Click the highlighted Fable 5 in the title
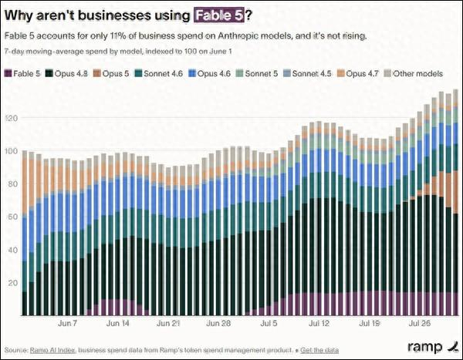[219, 15]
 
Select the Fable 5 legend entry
[22, 73]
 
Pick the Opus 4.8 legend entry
[66, 73]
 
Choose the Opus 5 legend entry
[111, 73]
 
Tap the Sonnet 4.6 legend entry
[158, 73]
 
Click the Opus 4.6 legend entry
[209, 73]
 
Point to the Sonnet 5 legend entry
[257, 73]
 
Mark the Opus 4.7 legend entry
[358, 73]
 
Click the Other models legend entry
[414, 73]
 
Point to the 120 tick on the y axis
[12, 118]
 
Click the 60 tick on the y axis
[12, 217]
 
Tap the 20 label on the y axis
[12, 283]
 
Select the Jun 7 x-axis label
[67, 323]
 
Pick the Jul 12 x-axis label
[319, 323]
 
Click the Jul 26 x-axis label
[420, 323]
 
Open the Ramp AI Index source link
[52, 350]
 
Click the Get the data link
[319, 350]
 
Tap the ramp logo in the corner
[433, 347]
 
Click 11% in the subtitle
[117, 36]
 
